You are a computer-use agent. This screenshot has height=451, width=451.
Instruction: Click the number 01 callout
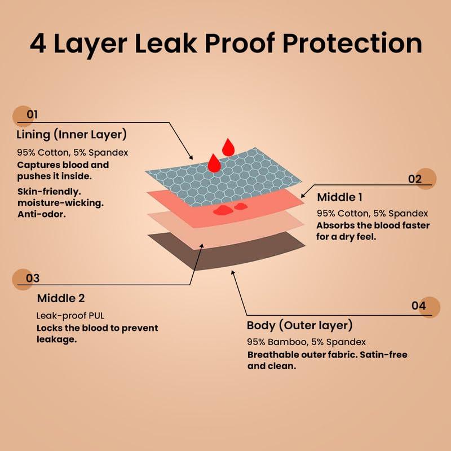coord(32,114)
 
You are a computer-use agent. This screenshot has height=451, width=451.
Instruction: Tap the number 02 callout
coord(415,179)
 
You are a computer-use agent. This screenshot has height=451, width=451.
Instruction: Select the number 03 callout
coord(33,278)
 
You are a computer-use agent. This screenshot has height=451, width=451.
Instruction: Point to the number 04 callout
coord(418,306)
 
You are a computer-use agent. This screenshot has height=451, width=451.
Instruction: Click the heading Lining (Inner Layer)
coord(72,135)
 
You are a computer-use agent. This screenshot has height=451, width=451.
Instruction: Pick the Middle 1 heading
coord(339,197)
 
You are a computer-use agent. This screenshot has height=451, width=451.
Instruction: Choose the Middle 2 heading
coord(61,298)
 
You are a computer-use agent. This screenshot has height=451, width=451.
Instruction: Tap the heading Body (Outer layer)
coord(300,326)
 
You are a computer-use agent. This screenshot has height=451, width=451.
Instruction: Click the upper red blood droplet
coord(228,147)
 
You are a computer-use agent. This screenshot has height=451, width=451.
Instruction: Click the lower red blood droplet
coord(214,163)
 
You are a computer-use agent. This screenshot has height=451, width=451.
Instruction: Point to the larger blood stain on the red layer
coord(223,210)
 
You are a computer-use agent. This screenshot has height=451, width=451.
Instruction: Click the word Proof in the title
coord(239,44)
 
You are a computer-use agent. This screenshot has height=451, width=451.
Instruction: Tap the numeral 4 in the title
coord(38,44)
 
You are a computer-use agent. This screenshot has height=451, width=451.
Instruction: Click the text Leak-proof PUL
coord(70,316)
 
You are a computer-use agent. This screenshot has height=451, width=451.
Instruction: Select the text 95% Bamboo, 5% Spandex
coord(306,342)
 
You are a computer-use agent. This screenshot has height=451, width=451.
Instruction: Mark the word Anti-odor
coord(42,214)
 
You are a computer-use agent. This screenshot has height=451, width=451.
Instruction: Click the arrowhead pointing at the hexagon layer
coord(191,157)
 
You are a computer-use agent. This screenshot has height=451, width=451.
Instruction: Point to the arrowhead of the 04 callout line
coord(233,273)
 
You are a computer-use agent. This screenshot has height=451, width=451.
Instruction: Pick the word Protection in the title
coord(352,44)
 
